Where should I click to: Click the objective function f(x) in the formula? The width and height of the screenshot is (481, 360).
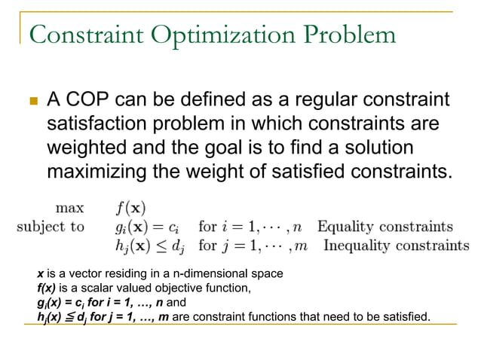pyautogui.click(x=129, y=206)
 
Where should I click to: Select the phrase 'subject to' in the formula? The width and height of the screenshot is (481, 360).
pyautogui.click(x=51, y=226)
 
